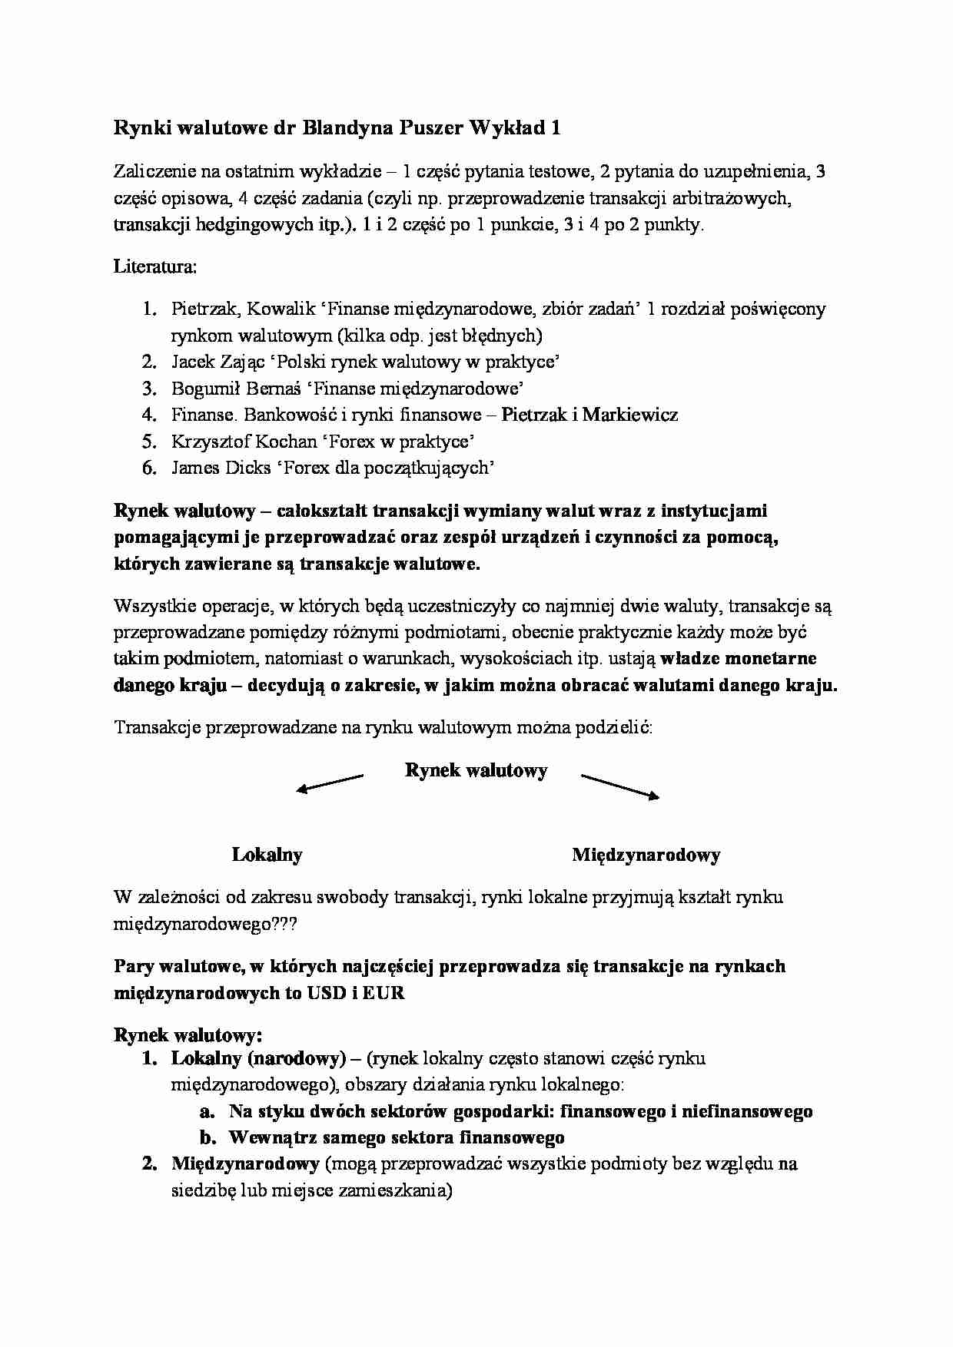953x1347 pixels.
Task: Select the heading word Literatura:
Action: click(155, 266)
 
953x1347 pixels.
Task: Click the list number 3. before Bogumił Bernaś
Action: click(148, 389)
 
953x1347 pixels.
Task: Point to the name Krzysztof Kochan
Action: click(244, 442)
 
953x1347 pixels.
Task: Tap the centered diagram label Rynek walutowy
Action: click(476, 770)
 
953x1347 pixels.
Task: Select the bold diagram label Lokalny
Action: click(267, 855)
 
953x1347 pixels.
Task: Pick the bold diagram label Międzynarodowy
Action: click(646, 855)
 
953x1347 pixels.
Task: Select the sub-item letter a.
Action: click(205, 1111)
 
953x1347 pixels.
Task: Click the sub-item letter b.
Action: click(205, 1137)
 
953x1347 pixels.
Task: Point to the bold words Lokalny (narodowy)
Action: click(257, 1058)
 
